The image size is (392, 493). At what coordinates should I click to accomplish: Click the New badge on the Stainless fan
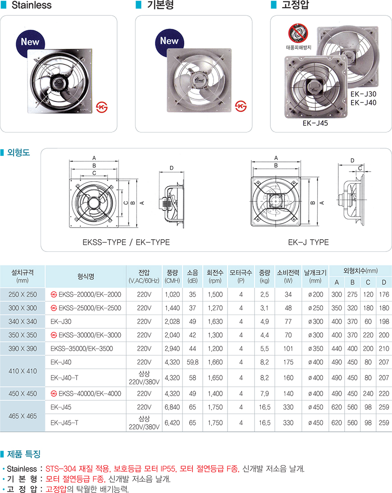click(x=30, y=43)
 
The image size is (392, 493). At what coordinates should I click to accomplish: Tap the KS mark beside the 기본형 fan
click(x=241, y=106)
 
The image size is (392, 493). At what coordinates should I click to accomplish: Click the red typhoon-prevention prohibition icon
click(x=298, y=33)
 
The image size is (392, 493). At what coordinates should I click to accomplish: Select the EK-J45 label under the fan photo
click(x=315, y=123)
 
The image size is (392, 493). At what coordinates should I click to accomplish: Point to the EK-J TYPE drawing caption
click(x=308, y=242)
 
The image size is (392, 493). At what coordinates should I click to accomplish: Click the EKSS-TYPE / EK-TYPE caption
click(x=126, y=242)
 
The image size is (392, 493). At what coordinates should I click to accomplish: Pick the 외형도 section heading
click(x=18, y=152)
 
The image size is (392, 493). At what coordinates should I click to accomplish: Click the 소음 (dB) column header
click(x=192, y=276)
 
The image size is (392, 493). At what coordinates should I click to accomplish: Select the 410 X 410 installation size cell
click(x=23, y=371)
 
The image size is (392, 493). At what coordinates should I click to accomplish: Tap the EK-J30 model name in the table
click(x=61, y=322)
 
